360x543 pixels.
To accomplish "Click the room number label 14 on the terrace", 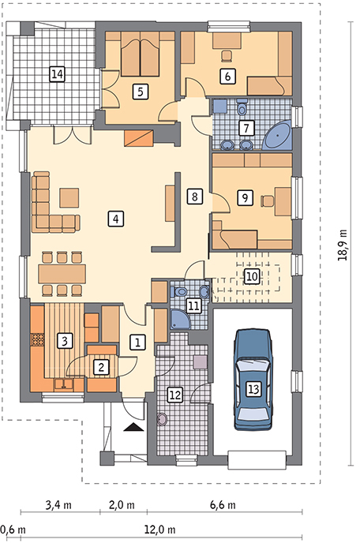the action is point(57,73).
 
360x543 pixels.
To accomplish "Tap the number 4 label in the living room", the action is point(116,219).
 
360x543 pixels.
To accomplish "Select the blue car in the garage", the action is point(253,380).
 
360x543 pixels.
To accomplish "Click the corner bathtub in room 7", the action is point(277,135).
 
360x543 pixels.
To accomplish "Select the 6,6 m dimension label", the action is point(223,505).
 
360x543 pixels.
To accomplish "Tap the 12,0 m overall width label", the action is point(159,530).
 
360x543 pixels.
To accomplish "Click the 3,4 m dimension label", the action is point(58,505).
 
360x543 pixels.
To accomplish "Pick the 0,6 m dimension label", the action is point(13,530).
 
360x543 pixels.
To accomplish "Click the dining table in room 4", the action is point(62,274).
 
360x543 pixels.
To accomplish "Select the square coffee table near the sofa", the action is point(69,198).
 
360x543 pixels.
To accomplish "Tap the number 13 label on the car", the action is point(253,389).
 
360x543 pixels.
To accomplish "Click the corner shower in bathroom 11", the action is point(179,319).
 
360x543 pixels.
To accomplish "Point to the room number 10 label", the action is point(252,276).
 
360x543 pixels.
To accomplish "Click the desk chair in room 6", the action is point(227,56).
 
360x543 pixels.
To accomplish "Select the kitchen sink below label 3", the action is point(63,384).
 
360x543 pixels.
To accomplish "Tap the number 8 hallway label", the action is point(194,197).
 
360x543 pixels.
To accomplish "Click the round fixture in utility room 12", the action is point(162,419).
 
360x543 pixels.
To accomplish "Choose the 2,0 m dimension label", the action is point(122,505).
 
